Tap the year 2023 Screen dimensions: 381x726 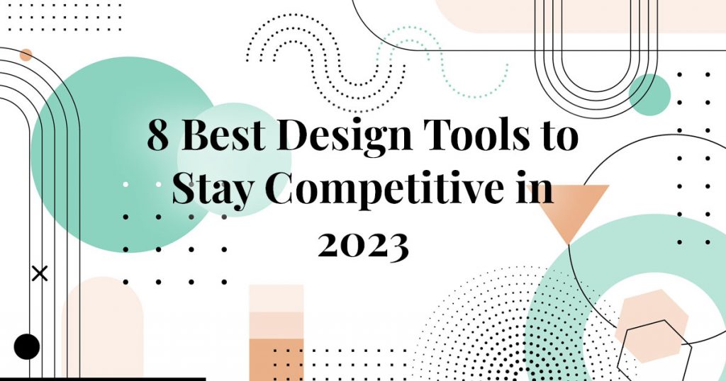(x=363, y=244)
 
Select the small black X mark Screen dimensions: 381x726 (x=40, y=273)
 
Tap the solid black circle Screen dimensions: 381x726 (x=27, y=346)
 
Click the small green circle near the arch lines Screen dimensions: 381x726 (x=649, y=94)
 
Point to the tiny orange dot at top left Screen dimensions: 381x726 (x=26, y=55)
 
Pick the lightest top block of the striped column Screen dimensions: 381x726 (x=277, y=297)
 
